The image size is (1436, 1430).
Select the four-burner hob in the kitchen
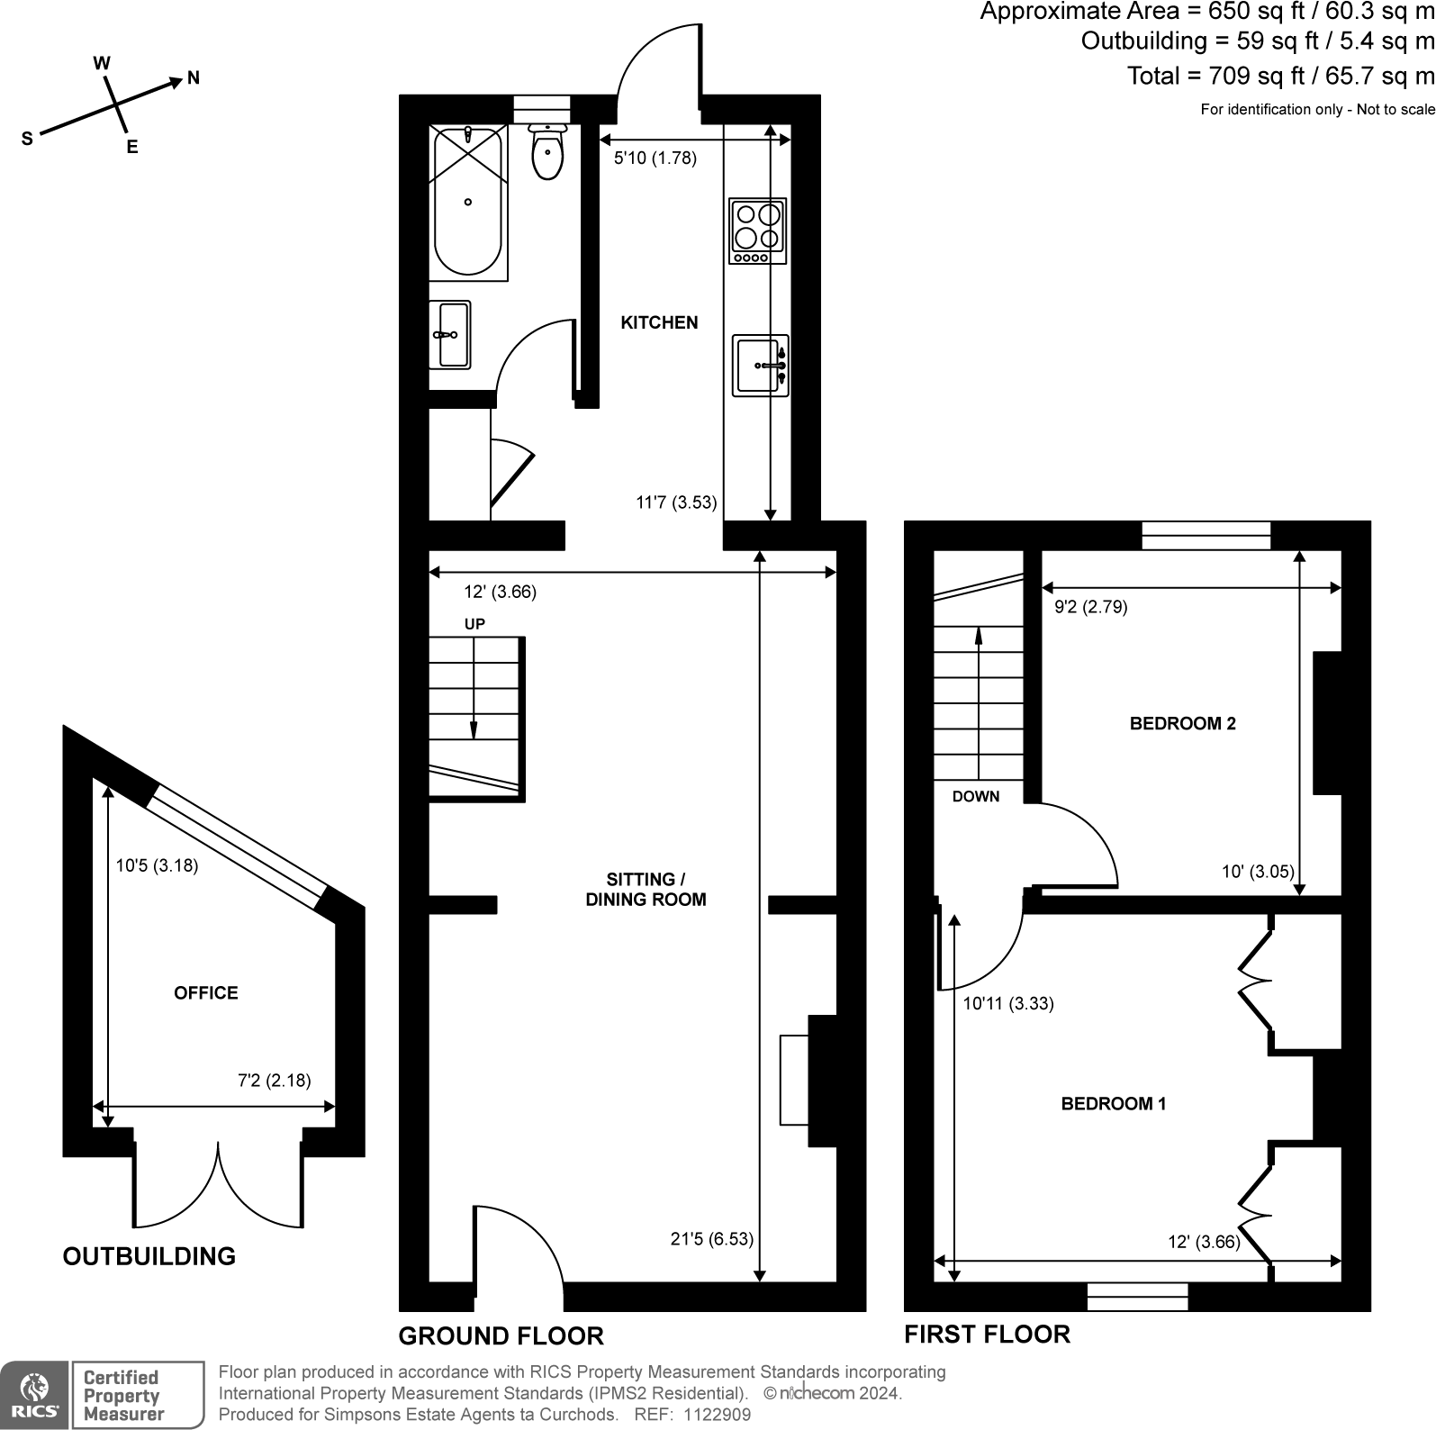tap(757, 231)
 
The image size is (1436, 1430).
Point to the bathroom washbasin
tap(449, 335)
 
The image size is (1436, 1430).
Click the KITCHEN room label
tap(659, 322)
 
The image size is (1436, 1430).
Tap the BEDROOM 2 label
tap(1182, 723)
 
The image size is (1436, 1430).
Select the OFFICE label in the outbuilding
tap(206, 992)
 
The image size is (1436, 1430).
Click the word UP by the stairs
tap(474, 624)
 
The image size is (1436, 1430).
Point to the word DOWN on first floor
tap(976, 796)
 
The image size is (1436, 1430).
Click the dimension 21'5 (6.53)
tap(711, 1239)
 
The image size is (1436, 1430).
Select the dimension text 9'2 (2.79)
tap(1090, 607)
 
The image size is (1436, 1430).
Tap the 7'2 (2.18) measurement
tap(274, 1081)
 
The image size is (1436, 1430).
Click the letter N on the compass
tap(193, 78)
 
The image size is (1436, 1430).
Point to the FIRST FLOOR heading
tap(987, 1334)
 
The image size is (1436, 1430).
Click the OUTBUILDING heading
tap(149, 1256)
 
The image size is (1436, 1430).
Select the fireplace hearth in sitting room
tap(794, 1080)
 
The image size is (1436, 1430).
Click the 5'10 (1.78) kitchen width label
tap(655, 158)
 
